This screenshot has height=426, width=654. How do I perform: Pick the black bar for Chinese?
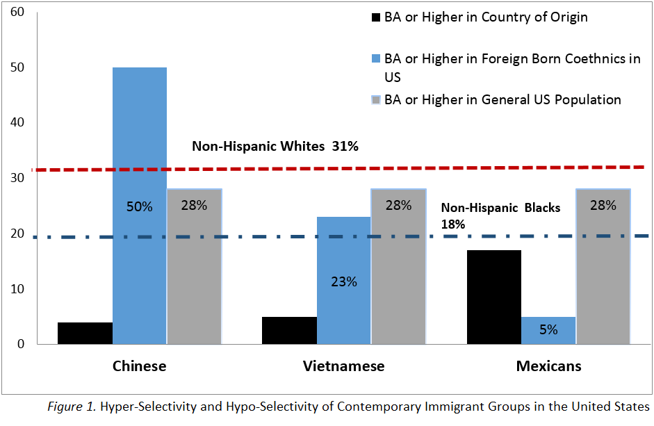click(85, 333)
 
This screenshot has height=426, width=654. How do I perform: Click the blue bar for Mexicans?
click(548, 329)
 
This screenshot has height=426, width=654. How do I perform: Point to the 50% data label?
click(139, 206)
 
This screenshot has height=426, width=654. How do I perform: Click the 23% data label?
click(343, 281)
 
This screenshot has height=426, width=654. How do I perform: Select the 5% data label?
click(548, 330)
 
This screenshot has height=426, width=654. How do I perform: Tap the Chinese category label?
click(139, 366)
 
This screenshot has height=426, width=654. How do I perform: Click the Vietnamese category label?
click(343, 366)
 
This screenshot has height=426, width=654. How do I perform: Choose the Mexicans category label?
click(548, 366)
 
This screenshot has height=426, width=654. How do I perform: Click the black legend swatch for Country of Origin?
click(376, 17)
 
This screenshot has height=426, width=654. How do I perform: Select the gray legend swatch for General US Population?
click(376, 100)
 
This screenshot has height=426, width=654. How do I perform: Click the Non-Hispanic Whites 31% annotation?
click(275, 147)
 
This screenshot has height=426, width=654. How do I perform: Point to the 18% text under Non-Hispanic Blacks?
click(452, 224)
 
